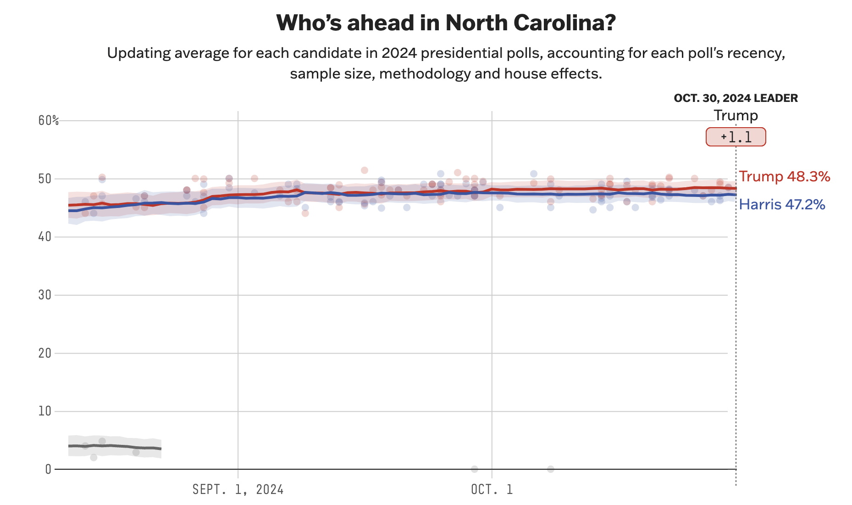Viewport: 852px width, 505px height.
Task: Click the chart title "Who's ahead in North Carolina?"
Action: point(446,23)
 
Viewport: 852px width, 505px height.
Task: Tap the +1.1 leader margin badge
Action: point(736,137)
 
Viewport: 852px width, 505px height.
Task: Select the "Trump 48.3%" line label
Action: point(784,177)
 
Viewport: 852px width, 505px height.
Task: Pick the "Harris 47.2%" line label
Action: point(782,204)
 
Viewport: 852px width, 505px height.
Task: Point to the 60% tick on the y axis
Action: point(49,121)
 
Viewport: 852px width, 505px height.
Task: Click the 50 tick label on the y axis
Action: point(45,179)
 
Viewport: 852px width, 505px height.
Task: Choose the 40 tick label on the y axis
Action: point(45,237)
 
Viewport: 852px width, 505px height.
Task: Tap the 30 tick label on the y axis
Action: point(45,295)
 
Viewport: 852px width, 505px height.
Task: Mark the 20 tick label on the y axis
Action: point(45,353)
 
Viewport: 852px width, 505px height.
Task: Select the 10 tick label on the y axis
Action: point(45,411)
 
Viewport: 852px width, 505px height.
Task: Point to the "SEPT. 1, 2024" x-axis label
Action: point(238,489)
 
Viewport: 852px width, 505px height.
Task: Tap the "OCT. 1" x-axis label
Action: point(492,489)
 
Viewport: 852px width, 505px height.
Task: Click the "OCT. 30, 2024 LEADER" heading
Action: point(736,98)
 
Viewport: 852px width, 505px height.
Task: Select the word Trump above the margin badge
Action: point(736,115)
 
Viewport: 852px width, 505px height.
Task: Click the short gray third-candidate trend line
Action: point(115,447)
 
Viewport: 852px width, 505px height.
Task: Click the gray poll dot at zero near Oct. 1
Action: point(474,469)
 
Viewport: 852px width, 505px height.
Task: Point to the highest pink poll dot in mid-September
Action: point(365,170)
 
